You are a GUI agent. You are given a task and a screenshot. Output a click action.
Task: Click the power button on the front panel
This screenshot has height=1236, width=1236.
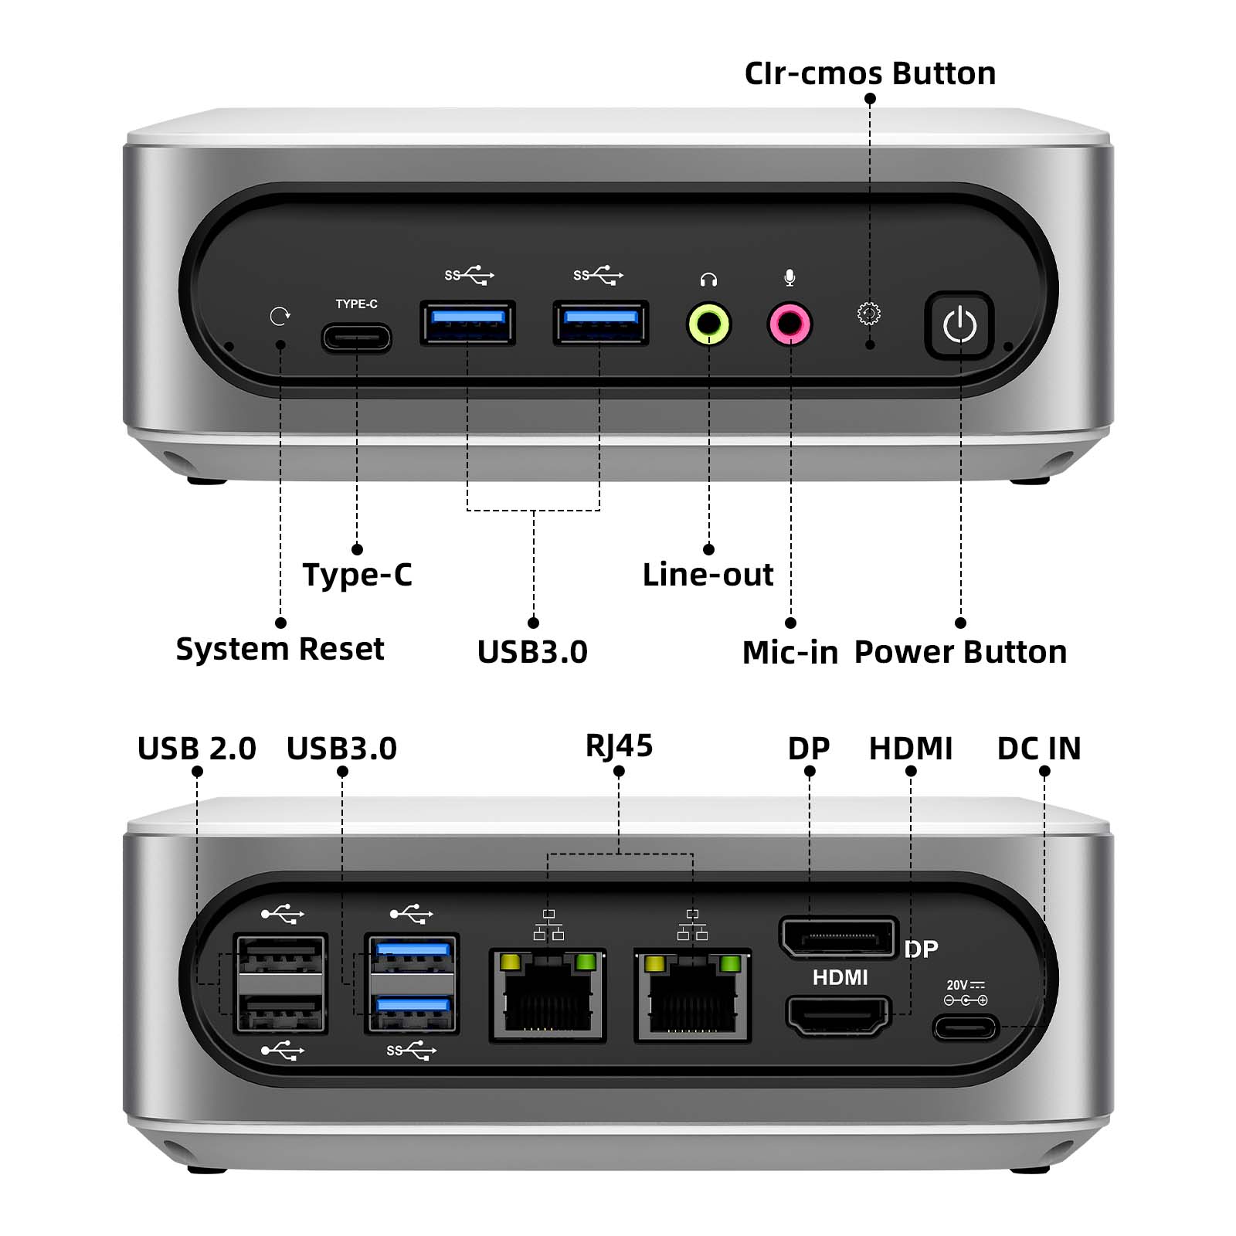(959, 325)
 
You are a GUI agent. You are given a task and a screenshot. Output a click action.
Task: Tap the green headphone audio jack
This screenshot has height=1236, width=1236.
(709, 324)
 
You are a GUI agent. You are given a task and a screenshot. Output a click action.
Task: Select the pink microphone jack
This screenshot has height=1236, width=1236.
(789, 324)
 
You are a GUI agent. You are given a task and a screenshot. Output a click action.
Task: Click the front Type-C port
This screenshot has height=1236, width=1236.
(356, 338)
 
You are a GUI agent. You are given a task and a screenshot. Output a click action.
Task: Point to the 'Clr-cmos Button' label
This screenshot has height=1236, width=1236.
(870, 73)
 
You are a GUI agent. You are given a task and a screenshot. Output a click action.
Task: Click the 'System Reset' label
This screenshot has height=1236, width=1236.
(280, 649)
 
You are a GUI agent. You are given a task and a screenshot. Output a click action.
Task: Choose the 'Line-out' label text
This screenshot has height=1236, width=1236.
(708, 575)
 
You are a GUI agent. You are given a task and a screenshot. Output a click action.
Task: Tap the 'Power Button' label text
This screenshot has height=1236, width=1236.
(960, 652)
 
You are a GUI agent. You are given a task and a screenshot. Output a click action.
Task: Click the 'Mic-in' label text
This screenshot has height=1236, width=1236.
(790, 653)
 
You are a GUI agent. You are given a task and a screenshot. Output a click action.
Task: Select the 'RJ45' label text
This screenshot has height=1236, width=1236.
(619, 746)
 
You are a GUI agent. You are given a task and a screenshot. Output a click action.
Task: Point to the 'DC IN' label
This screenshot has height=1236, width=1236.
(1039, 749)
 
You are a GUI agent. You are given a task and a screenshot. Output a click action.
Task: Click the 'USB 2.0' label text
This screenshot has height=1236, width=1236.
(197, 749)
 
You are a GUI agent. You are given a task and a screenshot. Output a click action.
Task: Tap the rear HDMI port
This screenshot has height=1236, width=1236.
(838, 1015)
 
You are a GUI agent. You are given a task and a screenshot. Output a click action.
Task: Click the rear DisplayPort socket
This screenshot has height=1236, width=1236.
(838, 938)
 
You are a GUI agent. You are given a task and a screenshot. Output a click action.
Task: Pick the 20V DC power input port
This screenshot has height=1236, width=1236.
(966, 1028)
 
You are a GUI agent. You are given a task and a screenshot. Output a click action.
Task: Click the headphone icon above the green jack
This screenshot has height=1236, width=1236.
(708, 279)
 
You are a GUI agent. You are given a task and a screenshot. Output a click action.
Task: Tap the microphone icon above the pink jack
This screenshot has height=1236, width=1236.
(789, 277)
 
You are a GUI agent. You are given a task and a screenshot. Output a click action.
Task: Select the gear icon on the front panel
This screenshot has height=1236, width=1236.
(869, 314)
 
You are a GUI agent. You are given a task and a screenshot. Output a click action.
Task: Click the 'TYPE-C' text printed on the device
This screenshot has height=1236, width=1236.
(356, 304)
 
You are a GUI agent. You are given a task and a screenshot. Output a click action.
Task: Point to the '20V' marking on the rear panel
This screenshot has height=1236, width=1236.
(957, 985)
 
